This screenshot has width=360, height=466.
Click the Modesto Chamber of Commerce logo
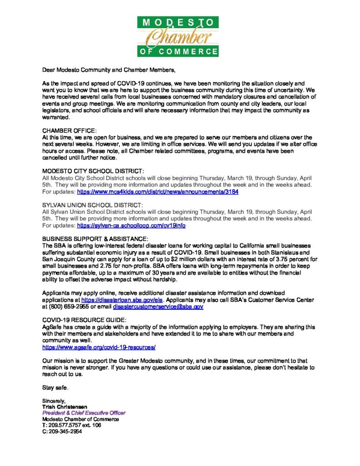(178, 36)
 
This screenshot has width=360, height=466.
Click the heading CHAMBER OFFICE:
(69, 131)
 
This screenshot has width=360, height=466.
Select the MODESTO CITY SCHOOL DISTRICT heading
(93, 171)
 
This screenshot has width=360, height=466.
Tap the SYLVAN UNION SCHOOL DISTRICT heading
(92, 205)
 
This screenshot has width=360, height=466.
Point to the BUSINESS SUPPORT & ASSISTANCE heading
(95, 239)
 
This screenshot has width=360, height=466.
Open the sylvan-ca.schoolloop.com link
(131, 226)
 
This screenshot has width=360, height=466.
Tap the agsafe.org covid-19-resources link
(99, 347)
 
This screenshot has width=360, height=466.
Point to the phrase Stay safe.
(56, 387)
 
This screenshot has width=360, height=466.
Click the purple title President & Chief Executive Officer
(84, 413)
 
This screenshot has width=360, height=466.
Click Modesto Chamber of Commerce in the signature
(81, 419)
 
